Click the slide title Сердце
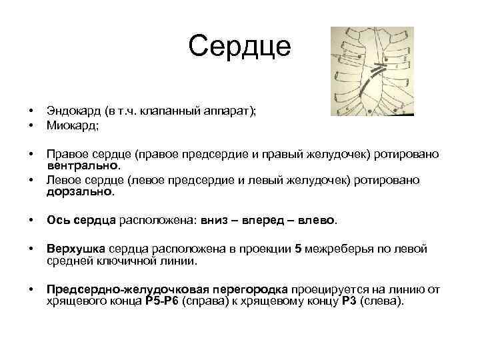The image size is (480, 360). (239, 47)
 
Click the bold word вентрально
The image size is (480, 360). (83, 165)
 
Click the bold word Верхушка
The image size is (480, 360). (74, 249)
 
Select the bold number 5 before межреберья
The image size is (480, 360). (298, 249)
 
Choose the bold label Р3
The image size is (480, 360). (349, 301)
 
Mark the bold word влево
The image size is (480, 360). (319, 220)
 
